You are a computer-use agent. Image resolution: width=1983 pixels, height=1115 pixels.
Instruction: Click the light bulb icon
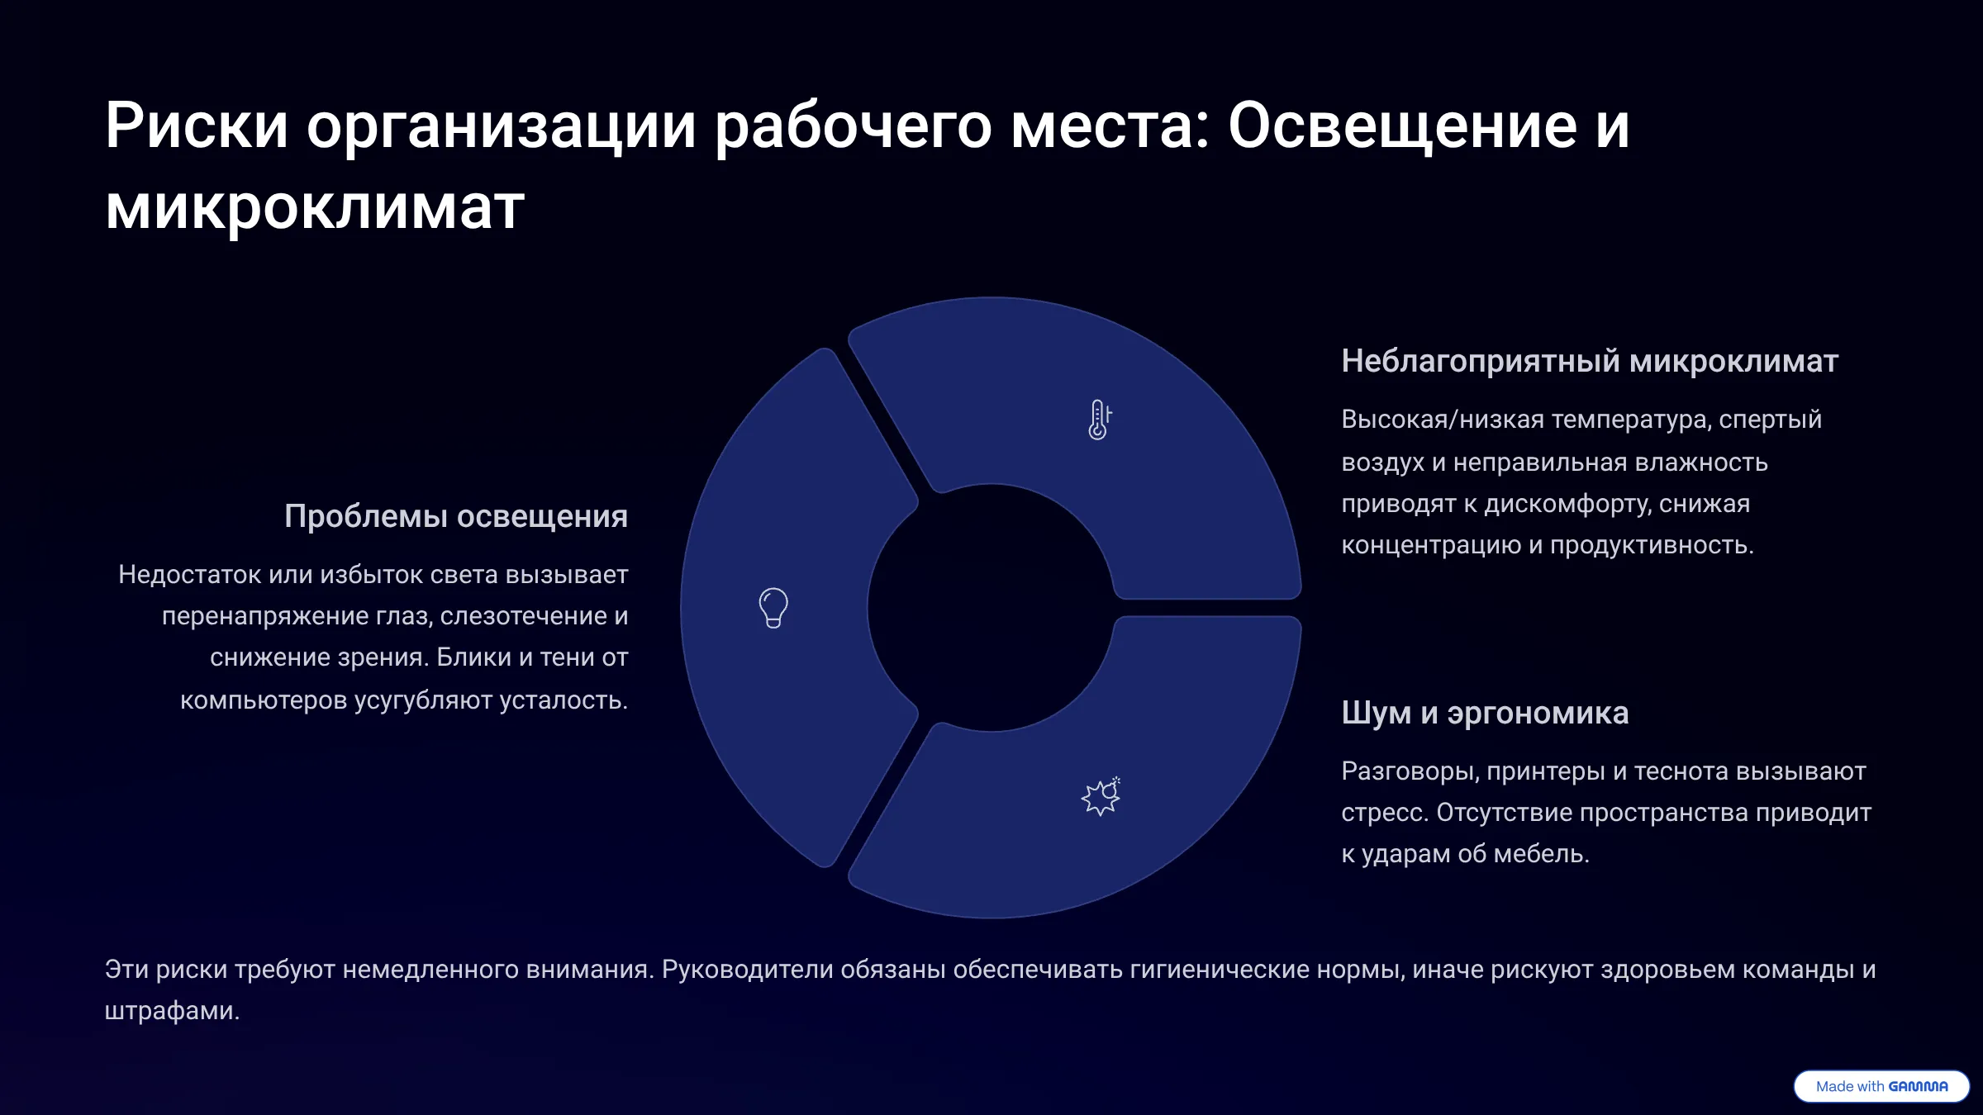(773, 608)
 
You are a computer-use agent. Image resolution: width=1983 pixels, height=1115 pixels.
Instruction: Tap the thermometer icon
(1099, 420)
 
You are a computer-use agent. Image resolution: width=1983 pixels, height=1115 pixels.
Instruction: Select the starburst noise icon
(1101, 796)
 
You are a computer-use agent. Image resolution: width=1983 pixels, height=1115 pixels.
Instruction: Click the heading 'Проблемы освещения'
(456, 516)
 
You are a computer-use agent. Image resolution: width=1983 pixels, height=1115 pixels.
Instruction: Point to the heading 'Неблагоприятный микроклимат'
(1590, 361)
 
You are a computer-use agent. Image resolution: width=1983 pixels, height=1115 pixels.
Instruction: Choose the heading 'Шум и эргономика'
(1485, 713)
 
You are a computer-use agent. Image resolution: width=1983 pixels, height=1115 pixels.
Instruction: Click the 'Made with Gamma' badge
(1881, 1086)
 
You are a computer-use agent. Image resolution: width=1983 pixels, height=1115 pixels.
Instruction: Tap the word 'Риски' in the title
(197, 126)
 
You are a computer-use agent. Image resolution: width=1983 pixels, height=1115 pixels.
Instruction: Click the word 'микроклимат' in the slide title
(315, 206)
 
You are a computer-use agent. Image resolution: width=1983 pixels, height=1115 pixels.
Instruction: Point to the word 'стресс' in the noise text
(1381, 813)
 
